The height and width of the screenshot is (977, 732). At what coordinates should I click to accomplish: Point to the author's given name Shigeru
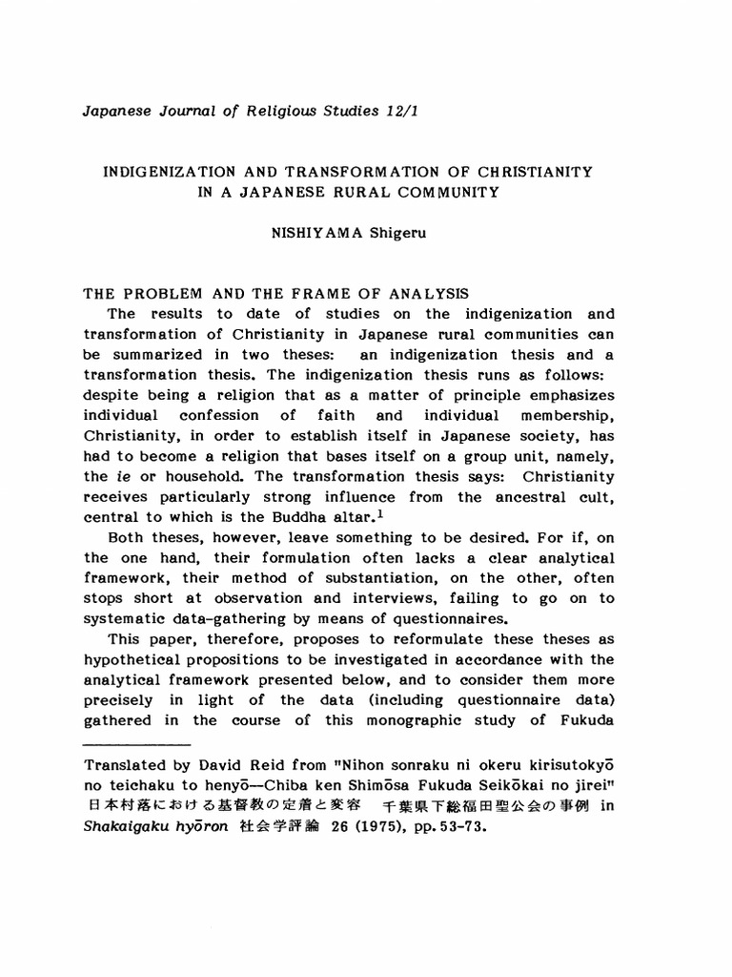coord(388,233)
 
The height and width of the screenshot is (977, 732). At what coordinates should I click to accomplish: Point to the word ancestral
coord(533,496)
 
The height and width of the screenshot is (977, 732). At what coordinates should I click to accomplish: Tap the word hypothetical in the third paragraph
coord(135,659)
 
